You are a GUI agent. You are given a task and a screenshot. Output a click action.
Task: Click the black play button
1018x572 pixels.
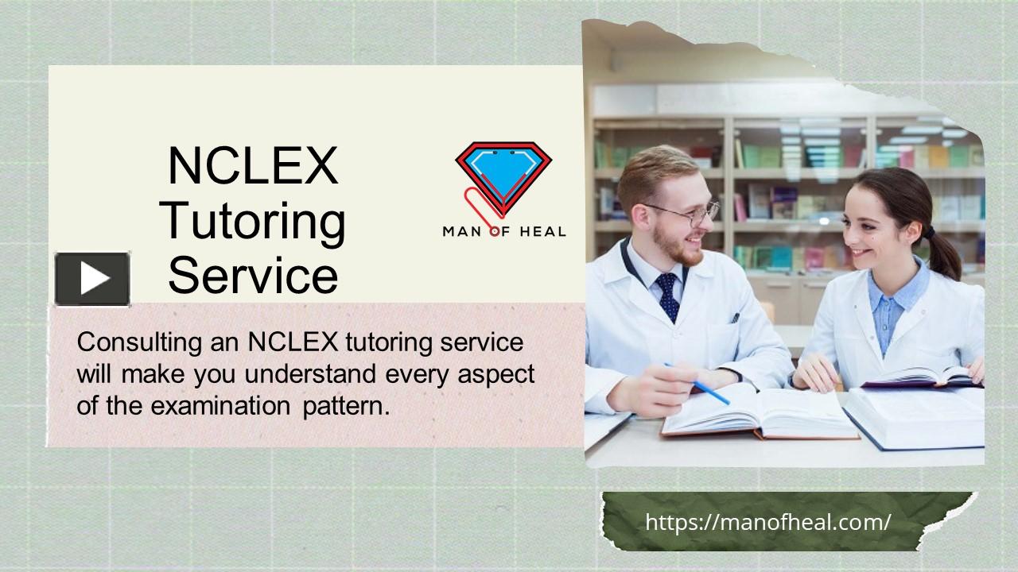(x=92, y=279)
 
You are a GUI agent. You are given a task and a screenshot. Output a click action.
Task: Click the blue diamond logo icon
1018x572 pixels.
(x=503, y=171)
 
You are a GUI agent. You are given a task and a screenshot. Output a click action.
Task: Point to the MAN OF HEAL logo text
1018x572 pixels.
(x=504, y=232)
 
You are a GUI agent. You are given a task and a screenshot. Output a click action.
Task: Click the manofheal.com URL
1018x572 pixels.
(x=767, y=522)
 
